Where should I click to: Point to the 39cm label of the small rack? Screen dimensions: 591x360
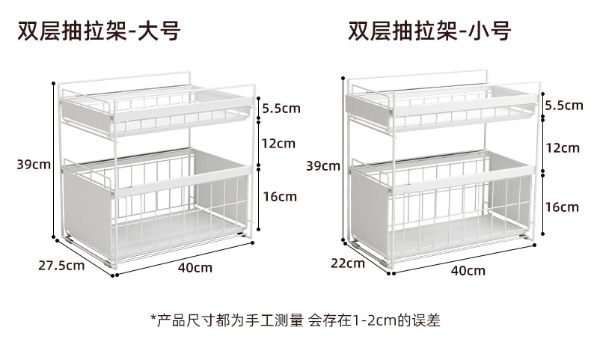tap(323, 165)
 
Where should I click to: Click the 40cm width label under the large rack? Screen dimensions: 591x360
tap(195, 267)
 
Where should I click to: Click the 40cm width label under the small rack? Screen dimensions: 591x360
tap(468, 270)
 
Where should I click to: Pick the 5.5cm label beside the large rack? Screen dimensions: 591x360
tap(281, 109)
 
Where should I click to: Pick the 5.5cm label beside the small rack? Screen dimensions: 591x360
tap(563, 106)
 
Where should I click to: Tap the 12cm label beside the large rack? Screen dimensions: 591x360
tap(279, 143)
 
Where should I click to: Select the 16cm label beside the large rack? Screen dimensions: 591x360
tap(280, 197)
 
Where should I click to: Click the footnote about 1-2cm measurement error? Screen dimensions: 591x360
tap(295, 321)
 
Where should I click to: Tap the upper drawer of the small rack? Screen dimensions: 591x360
tap(441, 109)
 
